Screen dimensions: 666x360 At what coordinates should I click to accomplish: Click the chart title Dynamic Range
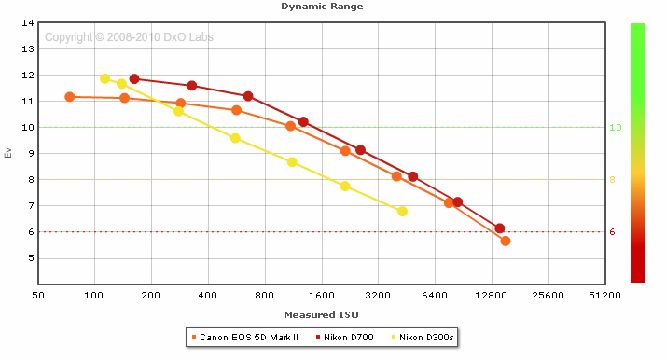coord(322,7)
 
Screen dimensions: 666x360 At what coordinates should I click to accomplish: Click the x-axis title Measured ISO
coord(322,314)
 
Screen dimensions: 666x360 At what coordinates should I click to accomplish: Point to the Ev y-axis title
coord(8,153)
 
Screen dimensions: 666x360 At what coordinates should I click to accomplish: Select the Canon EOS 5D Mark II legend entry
coord(245,338)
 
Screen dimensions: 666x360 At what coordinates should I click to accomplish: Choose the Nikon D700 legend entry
coord(345,338)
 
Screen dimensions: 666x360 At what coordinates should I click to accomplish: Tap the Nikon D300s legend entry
coord(423,338)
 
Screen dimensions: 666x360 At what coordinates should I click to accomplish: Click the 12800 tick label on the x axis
coord(491,295)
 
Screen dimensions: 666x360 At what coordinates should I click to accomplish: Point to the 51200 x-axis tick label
coord(604,295)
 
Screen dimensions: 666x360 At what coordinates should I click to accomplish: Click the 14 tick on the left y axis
coord(28,23)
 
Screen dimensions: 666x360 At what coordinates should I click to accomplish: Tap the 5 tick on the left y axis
coord(31,258)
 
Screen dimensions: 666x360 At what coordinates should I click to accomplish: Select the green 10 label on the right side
coord(616,128)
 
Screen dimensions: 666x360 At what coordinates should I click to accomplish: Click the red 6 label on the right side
coord(612,232)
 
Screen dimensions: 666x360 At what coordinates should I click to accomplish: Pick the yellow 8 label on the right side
coord(612,180)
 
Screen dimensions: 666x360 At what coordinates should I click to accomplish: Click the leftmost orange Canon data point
coord(70,97)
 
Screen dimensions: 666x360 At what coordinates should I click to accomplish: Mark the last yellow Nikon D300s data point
coord(402,211)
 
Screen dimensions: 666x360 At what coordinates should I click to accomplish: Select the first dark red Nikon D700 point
coord(134,78)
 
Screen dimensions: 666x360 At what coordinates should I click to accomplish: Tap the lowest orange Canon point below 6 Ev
coord(506,241)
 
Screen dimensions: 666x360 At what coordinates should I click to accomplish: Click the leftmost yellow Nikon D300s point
coord(104,78)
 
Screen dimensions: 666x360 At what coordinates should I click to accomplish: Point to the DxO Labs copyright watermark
coord(129,37)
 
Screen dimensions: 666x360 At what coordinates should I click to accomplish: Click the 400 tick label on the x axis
coord(208,295)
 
